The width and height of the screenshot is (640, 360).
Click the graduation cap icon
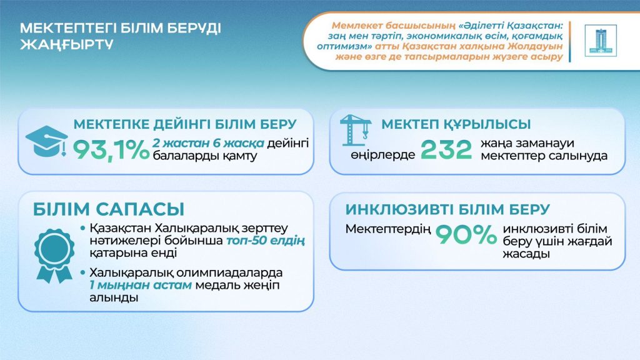(x=46, y=142)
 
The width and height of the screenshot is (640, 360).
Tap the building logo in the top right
(x=600, y=41)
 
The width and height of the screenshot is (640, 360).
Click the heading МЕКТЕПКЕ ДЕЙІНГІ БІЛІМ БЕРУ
(x=185, y=123)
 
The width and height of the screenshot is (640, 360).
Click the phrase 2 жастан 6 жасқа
(x=209, y=143)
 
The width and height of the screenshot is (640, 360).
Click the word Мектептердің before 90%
(x=388, y=229)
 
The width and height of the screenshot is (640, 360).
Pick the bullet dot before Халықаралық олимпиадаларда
(x=84, y=273)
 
